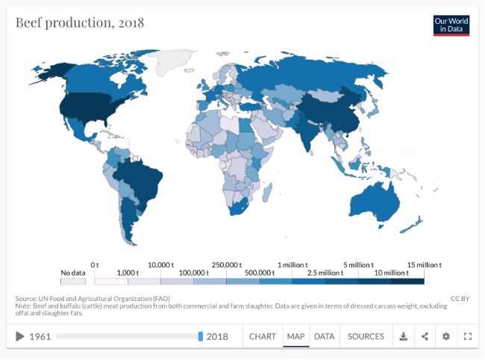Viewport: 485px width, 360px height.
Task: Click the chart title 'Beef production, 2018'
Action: tap(80, 22)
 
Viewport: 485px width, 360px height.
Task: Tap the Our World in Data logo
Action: tap(451, 25)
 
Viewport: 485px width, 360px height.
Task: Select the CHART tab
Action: tap(263, 337)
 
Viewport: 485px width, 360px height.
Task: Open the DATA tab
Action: tap(324, 337)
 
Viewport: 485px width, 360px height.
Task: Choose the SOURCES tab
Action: tap(366, 337)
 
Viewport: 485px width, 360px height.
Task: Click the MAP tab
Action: tap(295, 337)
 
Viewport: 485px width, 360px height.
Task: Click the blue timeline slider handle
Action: tap(201, 337)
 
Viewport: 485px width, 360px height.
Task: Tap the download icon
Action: tap(403, 337)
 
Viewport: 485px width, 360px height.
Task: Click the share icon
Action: tap(425, 337)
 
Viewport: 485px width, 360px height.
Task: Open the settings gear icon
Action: tap(446, 337)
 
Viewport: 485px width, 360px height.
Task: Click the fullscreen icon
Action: tap(468, 337)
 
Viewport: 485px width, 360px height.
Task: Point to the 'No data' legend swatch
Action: tap(73, 282)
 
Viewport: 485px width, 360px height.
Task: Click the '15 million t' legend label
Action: tap(423, 265)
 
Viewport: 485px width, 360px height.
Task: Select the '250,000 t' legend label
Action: tap(225, 265)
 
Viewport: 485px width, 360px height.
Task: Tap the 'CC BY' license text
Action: tap(459, 299)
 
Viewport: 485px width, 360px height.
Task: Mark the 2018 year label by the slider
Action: tap(217, 337)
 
